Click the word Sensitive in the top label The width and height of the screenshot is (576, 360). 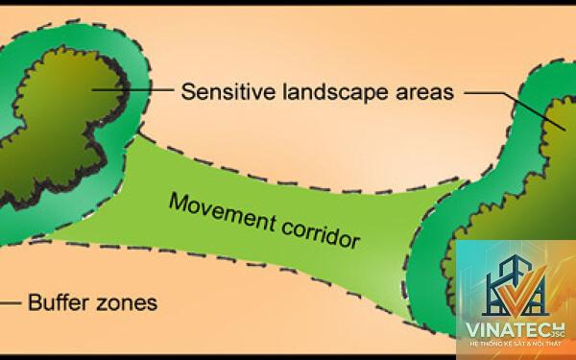click(x=228, y=91)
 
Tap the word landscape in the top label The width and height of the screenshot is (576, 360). click(x=335, y=92)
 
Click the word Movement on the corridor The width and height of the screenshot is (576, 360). click(x=223, y=212)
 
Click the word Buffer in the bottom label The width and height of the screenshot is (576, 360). click(x=59, y=302)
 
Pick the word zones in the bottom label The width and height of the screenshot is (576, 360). click(x=127, y=303)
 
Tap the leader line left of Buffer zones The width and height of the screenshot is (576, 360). click(x=11, y=303)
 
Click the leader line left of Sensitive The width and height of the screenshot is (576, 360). click(x=132, y=89)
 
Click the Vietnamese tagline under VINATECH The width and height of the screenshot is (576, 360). click(x=516, y=344)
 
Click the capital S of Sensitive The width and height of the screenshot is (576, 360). click(x=188, y=91)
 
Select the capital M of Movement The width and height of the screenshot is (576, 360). click(x=179, y=202)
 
